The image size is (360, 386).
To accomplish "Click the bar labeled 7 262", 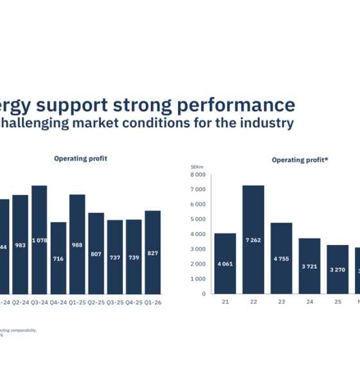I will (253, 239).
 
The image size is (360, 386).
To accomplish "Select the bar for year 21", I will (225, 263).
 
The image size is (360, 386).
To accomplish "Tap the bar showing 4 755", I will (281, 258).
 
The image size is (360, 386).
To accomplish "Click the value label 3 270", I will (337, 270).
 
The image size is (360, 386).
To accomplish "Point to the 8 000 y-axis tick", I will (198, 174).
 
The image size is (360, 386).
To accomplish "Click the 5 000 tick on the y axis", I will (198, 219).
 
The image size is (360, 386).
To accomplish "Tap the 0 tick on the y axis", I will (203, 294).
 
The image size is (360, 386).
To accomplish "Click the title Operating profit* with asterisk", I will (300, 160).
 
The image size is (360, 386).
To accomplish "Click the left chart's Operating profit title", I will (80, 158).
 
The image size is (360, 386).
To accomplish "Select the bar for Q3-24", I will (39, 239).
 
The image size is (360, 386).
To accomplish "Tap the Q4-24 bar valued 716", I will (59, 258).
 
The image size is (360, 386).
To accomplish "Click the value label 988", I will (77, 245).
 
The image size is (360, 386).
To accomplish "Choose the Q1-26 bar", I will (153, 252).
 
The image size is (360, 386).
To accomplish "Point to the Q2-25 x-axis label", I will (96, 300).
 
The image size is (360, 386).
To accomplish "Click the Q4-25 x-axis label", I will (134, 300).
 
